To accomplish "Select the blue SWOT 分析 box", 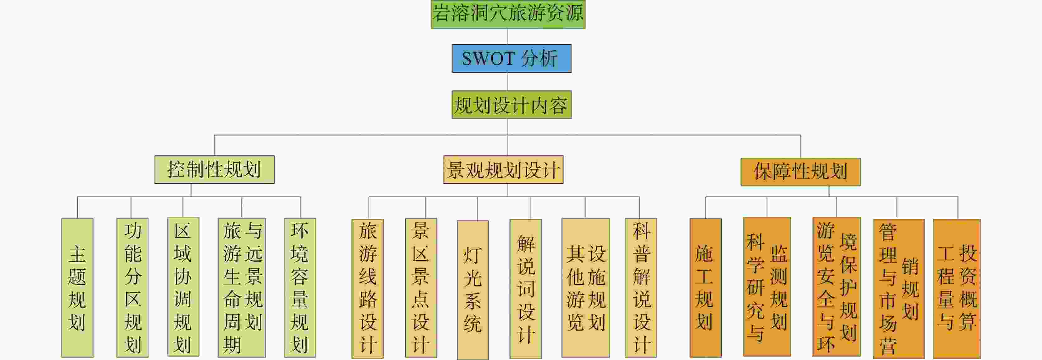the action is click(x=511, y=58).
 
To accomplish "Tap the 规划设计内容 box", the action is click(x=511, y=105).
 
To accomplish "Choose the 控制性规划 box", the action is click(x=214, y=169).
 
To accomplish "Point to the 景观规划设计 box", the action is click(x=503, y=169).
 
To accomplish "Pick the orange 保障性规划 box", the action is click(x=801, y=172).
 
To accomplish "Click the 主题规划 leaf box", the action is click(x=77, y=288).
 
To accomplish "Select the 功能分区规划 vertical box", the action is click(x=132, y=288).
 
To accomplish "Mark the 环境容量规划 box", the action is click(x=300, y=288).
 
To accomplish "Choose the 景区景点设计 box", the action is click(x=421, y=288).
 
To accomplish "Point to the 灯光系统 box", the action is click(x=473, y=290).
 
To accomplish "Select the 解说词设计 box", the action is click(x=525, y=289).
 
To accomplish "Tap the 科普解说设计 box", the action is click(x=641, y=288).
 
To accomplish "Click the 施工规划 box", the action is click(x=705, y=288).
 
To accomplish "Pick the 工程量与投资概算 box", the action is click(x=957, y=289).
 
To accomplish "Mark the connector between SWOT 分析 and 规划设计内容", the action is click(x=508, y=81).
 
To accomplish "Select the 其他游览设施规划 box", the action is click(x=585, y=288).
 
